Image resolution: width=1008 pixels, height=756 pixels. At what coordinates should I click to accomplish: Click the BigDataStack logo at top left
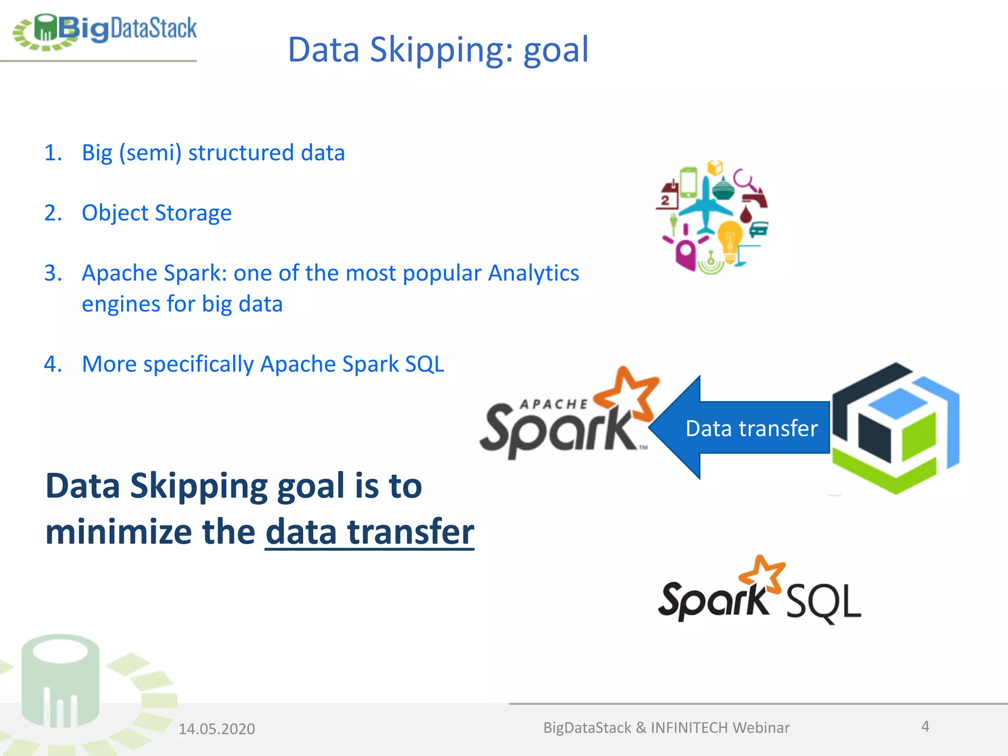pyautogui.click(x=104, y=31)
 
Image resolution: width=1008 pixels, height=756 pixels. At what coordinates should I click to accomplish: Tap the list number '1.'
pyautogui.click(x=53, y=153)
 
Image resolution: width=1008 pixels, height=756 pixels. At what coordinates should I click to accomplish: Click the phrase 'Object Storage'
pyautogui.click(x=157, y=213)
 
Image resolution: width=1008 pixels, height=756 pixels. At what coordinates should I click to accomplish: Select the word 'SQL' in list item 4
pyautogui.click(x=424, y=364)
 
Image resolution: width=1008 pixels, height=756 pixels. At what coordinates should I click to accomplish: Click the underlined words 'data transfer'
pyautogui.click(x=369, y=532)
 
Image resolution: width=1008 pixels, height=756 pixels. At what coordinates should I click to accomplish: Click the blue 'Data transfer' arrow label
pyautogui.click(x=751, y=428)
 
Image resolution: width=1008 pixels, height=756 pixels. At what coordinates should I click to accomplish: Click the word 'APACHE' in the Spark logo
pyautogui.click(x=554, y=405)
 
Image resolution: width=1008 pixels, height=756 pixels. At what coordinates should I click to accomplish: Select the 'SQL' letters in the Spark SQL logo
pyautogui.click(x=823, y=602)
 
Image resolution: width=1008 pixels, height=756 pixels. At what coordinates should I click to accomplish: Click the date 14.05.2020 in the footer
pyautogui.click(x=217, y=729)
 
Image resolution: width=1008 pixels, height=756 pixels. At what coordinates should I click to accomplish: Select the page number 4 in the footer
pyautogui.click(x=925, y=726)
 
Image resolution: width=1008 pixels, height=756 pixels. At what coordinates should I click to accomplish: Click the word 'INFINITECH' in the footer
pyautogui.click(x=689, y=727)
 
